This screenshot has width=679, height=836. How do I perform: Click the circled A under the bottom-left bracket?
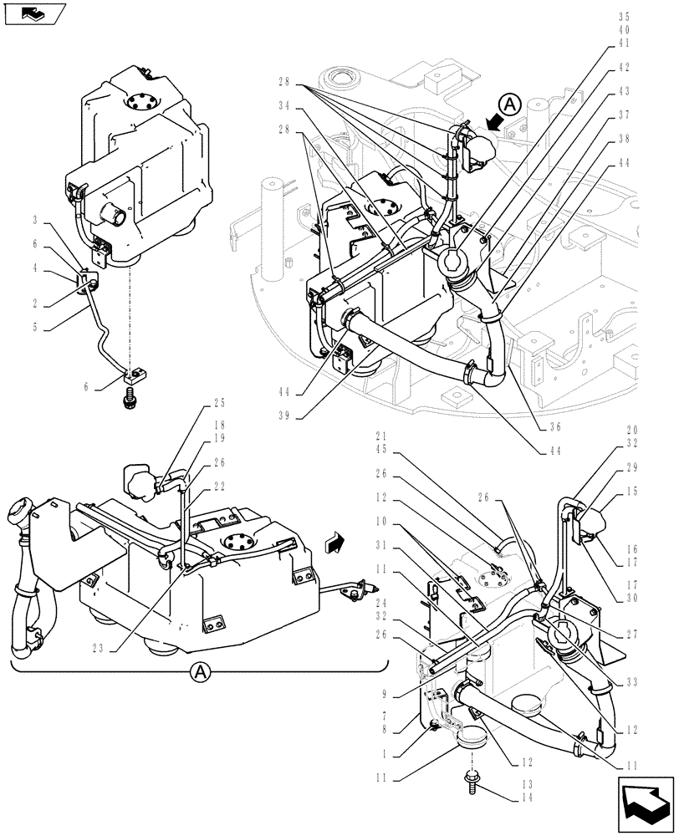(x=200, y=670)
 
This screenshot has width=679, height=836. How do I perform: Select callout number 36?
(x=554, y=426)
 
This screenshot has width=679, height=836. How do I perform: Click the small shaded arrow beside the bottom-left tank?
(x=334, y=543)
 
